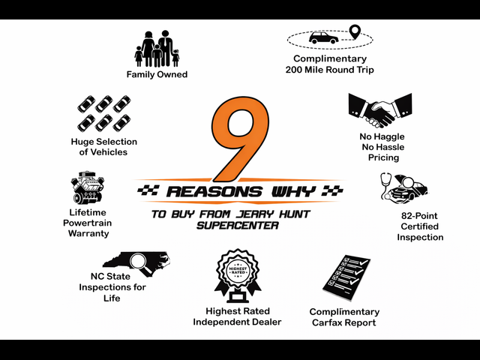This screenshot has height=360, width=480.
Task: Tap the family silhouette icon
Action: [x=157, y=49]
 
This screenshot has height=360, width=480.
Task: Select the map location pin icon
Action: [x=355, y=31]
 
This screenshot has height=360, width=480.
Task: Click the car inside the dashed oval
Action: [x=323, y=37]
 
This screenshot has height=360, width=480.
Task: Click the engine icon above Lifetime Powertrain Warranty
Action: [x=88, y=187]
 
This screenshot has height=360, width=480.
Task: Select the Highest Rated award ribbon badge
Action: [x=238, y=275]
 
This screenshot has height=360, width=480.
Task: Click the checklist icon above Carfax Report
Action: [x=346, y=274]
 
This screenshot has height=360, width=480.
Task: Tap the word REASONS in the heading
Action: [x=214, y=192]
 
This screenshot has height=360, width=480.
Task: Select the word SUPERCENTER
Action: [x=238, y=226]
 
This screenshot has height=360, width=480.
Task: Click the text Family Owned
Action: [x=157, y=74]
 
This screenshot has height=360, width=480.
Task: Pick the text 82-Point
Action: [x=419, y=216]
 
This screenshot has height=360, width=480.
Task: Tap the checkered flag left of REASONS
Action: [x=148, y=190]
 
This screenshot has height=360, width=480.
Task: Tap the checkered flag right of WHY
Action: [x=332, y=190]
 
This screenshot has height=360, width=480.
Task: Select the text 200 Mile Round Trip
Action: [x=330, y=70]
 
